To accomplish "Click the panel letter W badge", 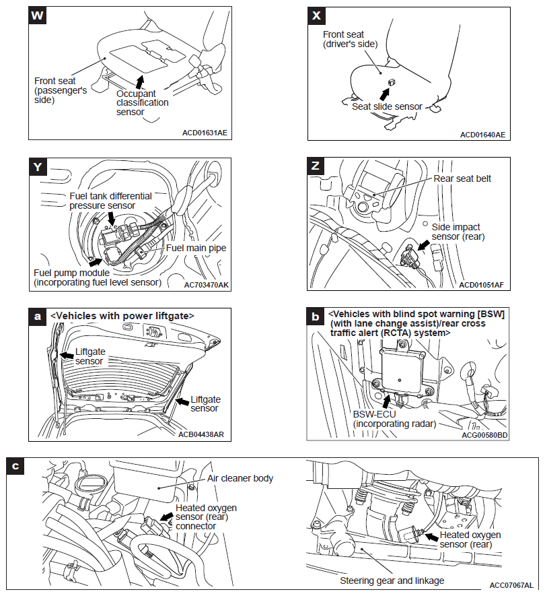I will [x=38, y=17].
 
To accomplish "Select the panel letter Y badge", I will [x=38, y=167].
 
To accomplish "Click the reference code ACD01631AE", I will [x=205, y=133].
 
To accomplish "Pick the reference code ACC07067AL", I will [x=512, y=585].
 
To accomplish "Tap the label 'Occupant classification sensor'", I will [x=142, y=103].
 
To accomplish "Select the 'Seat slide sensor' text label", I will [x=387, y=106].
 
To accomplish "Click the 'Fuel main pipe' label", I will [x=196, y=248].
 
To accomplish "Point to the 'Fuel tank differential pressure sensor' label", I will [x=111, y=201].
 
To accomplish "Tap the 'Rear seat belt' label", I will [x=462, y=178].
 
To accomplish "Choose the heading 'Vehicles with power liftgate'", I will [x=122, y=315].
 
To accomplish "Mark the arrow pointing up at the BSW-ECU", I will [x=386, y=401].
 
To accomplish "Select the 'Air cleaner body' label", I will [x=240, y=478].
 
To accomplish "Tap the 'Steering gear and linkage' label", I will [x=392, y=580].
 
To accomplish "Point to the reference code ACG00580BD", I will [x=484, y=435].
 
